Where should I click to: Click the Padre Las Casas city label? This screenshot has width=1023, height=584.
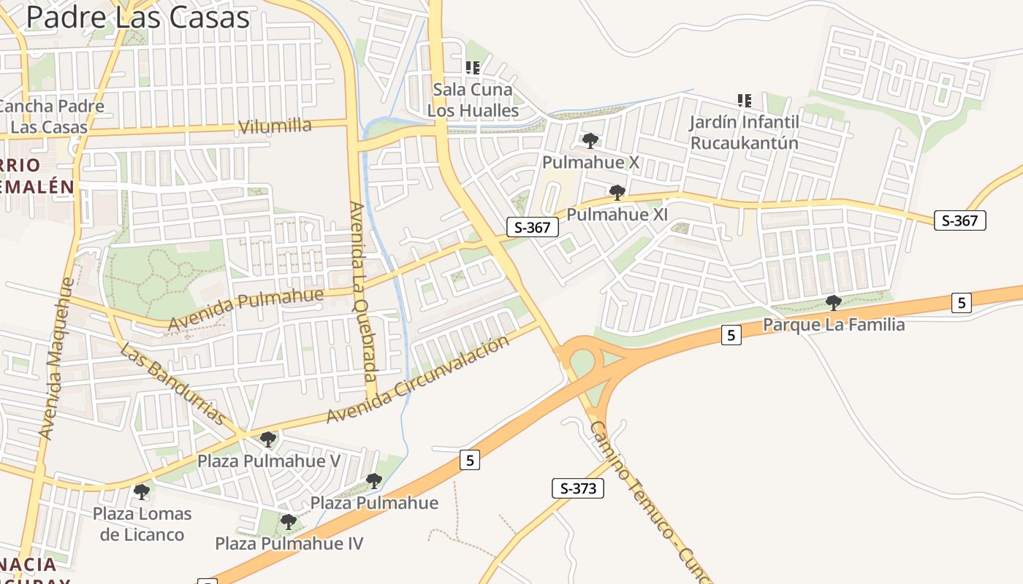137,17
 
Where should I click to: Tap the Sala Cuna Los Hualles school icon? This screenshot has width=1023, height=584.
473,68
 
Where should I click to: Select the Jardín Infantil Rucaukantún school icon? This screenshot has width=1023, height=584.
745,100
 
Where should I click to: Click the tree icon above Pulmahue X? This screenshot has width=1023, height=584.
590,140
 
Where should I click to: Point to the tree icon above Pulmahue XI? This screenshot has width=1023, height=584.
617,193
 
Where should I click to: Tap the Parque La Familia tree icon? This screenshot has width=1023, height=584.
833,302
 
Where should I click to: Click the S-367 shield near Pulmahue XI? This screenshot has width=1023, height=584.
532,227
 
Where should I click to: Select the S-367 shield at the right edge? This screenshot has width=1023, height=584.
959,220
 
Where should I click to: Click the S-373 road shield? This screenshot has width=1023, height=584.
577,488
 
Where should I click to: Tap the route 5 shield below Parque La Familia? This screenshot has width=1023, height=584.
731,335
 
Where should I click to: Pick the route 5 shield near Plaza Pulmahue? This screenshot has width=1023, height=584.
470,460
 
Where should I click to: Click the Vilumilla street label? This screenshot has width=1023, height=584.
275,126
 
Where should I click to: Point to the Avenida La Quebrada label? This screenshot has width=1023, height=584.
362,292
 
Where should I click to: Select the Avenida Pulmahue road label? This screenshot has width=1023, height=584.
246,310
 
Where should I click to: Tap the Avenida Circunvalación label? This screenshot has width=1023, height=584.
417,380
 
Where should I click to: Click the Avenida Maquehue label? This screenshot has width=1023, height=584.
57,358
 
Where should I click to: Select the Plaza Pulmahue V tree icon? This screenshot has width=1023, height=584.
268,439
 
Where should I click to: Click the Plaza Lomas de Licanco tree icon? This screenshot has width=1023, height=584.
142,491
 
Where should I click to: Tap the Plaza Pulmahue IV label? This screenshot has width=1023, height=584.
289,544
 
